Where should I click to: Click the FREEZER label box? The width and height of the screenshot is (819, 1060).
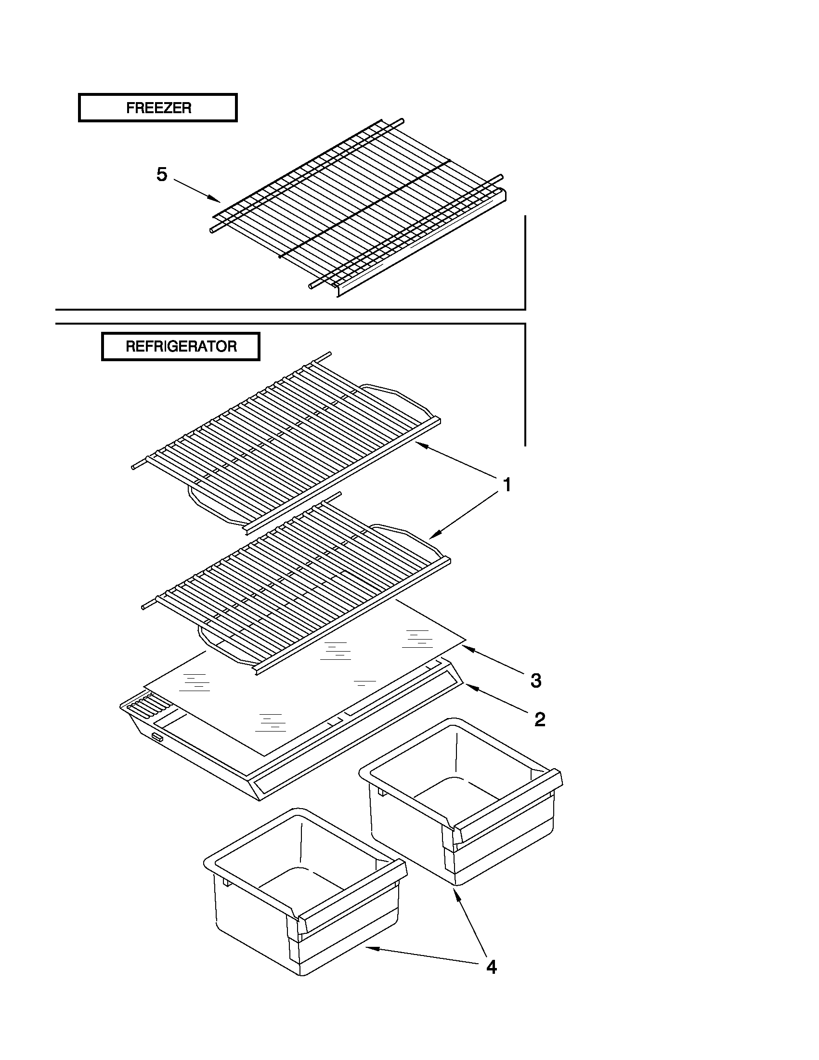(158, 107)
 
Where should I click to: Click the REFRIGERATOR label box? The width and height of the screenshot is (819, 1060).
(181, 346)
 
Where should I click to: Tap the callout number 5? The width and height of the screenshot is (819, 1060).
(162, 174)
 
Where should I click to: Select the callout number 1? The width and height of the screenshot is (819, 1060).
(507, 484)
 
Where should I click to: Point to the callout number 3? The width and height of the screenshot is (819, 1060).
(536, 680)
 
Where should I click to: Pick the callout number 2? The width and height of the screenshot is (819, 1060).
(540, 720)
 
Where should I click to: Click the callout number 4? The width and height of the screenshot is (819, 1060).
(492, 968)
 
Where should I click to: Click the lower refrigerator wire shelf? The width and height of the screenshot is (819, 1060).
(296, 582)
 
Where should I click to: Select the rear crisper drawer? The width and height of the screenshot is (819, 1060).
(461, 801)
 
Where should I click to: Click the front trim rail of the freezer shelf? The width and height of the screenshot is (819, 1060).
(422, 243)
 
